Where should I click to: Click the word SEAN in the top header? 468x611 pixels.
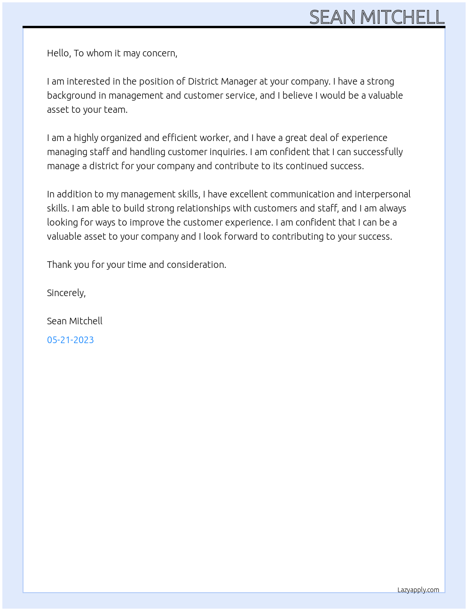pyautogui.click(x=332, y=17)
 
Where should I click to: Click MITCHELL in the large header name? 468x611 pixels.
pyautogui.click(x=402, y=17)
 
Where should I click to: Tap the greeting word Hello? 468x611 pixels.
pyautogui.click(x=58, y=53)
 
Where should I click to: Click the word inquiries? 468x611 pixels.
pyautogui.click(x=227, y=152)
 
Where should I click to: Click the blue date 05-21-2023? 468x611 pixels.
pyautogui.click(x=70, y=340)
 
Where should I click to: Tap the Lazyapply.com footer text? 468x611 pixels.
pyautogui.click(x=418, y=590)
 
